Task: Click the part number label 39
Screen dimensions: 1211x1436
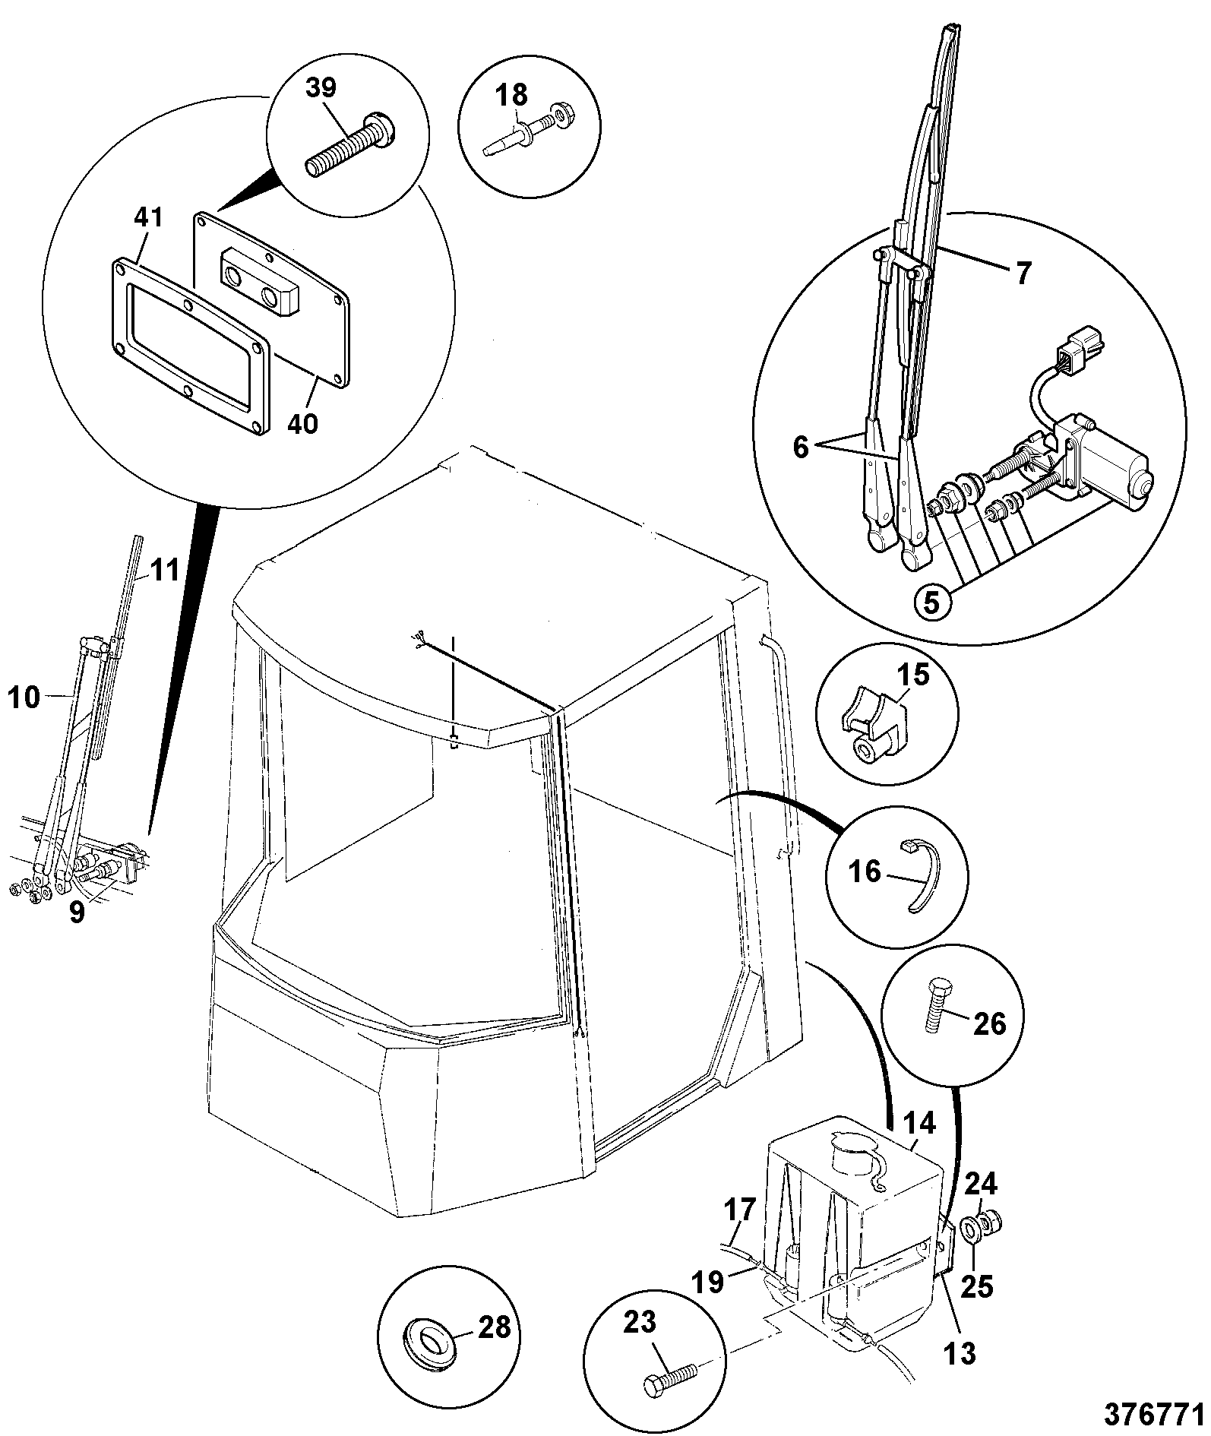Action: [x=321, y=88]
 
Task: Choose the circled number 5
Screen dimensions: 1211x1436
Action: [x=934, y=602]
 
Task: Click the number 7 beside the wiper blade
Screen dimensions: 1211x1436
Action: [x=1023, y=272]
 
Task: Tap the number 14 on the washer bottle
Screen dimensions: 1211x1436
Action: [x=920, y=1123]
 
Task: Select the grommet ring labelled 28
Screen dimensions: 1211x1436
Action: [x=428, y=1348]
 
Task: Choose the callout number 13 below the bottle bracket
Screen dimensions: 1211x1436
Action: [x=959, y=1353]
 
